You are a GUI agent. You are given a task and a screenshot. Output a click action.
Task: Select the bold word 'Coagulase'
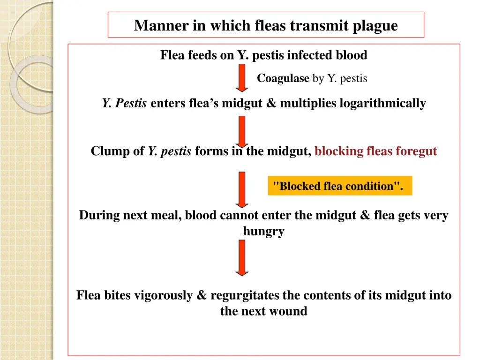tap(283, 79)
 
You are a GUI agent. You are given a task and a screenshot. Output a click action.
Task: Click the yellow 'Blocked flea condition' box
tap(340, 186)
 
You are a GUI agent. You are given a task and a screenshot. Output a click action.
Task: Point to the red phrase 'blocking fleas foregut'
tap(375, 151)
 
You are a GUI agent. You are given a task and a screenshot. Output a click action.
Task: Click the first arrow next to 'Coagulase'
tap(242, 78)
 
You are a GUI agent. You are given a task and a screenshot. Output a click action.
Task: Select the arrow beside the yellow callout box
tap(242, 189)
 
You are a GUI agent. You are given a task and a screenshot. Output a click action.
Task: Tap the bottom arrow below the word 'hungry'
tap(242, 257)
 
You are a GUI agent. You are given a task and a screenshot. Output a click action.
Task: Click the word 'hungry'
tap(263, 231)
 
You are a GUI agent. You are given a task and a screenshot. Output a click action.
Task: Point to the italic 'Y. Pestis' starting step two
tap(125, 103)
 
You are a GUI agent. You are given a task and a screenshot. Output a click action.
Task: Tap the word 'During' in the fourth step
tap(99, 216)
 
